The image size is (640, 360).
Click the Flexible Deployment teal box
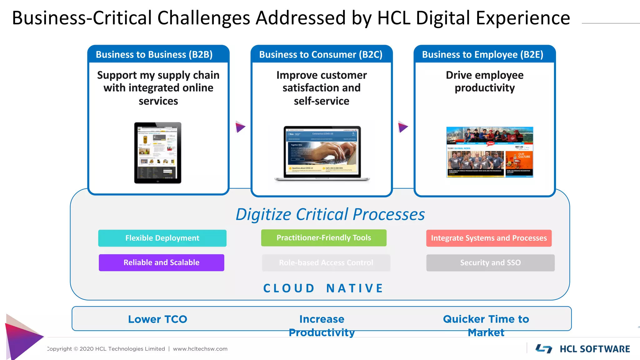pos(162,238)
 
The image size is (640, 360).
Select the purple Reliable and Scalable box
pos(161,262)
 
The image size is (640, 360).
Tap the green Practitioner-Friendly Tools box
pos(324,238)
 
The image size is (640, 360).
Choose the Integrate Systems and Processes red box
pos(489,238)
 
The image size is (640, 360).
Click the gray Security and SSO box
pos(490,262)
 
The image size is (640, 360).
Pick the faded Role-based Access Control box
pos(326,262)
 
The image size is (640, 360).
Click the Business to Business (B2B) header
pos(154,54)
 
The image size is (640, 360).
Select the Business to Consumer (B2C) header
pos(321,54)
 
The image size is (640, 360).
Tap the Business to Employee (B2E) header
pos(483,54)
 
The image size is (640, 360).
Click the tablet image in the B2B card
pos(158,153)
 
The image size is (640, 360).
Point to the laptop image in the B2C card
pos(322,153)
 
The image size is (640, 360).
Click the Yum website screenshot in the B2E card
pos(490,152)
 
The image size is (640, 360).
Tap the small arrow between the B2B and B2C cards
pos(240,127)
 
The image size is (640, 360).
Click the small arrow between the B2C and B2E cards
pos(403,127)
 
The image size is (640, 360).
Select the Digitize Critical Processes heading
pos(330,214)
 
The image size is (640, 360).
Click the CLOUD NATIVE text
pos(323,288)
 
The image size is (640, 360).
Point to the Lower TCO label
pos(157,319)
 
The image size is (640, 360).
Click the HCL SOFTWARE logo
pos(583,349)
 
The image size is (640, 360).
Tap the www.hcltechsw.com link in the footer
pos(200,349)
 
